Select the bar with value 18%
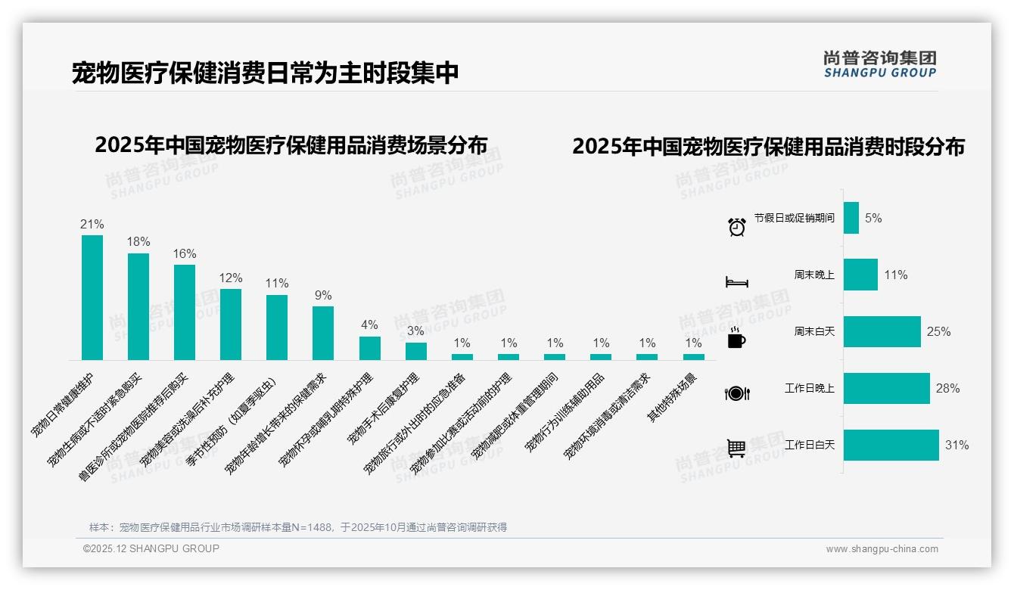[x=138, y=306]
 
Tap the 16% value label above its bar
[x=185, y=253]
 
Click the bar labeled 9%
[x=323, y=333]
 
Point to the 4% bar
[x=369, y=348]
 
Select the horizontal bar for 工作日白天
[x=891, y=445]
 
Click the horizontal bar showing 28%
[x=886, y=388]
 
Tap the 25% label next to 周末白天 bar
[x=938, y=331]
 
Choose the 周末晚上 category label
[x=814, y=275]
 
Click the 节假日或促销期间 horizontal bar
[x=851, y=218]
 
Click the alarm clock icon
[x=737, y=226]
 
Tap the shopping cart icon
[x=736, y=448]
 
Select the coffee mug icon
[x=736, y=339]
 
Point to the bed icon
[x=736, y=282]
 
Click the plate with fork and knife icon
[x=736, y=393]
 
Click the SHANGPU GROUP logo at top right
[x=880, y=64]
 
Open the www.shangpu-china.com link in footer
[x=882, y=549]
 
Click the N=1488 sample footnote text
[x=297, y=527]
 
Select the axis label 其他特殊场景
[x=673, y=397]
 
